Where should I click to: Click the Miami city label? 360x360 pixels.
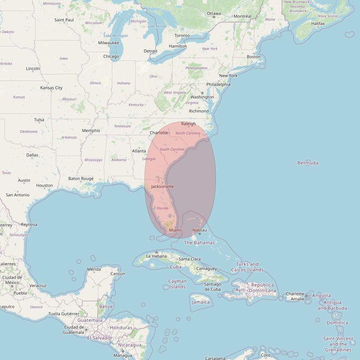coord(175,230)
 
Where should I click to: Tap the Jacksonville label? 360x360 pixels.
coord(162,186)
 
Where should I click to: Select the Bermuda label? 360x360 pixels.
coord(308,163)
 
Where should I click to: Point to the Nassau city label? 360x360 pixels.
coord(200,230)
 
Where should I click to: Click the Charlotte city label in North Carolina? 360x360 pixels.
coord(159,133)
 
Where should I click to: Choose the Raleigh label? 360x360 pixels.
coord(188,124)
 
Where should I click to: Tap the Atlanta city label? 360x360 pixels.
coord(139,151)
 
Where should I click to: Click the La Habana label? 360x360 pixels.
coord(157,256)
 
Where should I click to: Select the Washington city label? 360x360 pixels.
coord(202,97)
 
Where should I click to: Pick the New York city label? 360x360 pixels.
coord(228,76)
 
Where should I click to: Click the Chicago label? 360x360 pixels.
coord(111,56)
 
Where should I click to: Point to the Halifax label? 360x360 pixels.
coord(318,23)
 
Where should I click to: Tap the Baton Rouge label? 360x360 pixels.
coord(81,178)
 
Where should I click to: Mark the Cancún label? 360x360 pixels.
coord(118,273)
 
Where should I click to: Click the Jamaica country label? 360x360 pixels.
coord(201,302)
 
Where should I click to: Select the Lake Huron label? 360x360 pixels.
coord(157,26)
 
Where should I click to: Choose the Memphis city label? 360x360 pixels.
coord(91,130)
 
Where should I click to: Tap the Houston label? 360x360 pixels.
coord(45,185)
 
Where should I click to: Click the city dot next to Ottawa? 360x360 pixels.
coord(214,17)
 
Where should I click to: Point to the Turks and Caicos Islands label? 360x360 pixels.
coord(247,267)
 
